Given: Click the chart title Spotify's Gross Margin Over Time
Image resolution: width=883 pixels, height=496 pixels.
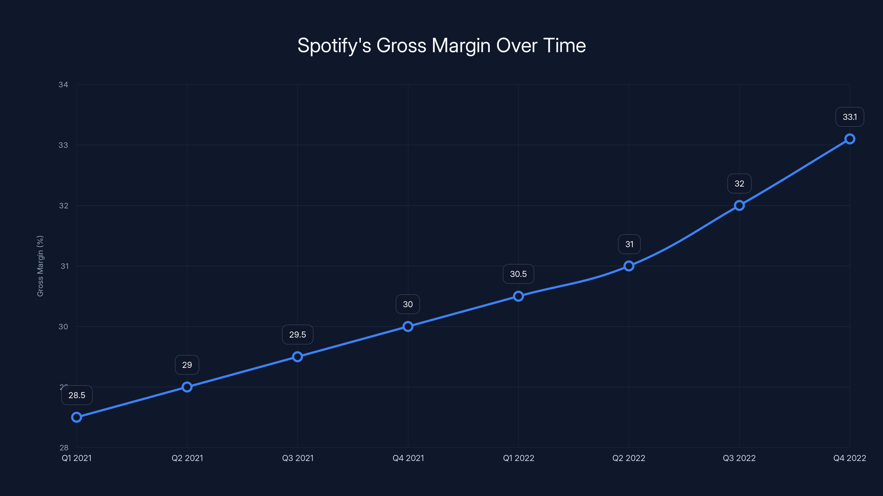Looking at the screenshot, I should pos(441,45).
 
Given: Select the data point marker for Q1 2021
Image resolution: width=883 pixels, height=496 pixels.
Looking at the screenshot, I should pos(76,417).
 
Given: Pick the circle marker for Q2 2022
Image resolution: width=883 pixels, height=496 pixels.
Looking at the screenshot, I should pos(629,266).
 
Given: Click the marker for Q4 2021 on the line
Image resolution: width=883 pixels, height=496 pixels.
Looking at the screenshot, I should pos(408,327).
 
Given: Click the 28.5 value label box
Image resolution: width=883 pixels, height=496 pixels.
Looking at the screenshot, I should pos(77,395).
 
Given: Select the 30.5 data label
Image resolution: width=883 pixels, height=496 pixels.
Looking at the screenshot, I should pos(518,274).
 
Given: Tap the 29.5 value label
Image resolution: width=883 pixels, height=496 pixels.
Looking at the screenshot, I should pos(297,335).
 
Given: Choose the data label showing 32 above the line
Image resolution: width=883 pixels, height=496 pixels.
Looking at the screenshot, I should pos(740,184).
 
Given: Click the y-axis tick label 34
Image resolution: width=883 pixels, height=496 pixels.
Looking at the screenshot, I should pos(63,85).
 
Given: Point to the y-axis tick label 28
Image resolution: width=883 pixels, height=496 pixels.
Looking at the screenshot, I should pos(64,448).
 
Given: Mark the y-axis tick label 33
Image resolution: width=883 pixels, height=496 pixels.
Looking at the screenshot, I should pos(63,145).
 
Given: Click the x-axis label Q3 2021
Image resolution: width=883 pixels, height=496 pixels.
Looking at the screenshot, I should pos(297,458).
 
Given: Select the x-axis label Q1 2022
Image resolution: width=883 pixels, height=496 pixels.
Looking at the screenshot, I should pos(518,458).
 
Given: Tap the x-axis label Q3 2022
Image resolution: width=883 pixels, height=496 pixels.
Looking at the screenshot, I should pos(740,458).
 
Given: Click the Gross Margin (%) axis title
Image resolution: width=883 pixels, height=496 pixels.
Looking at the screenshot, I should pos(40,266).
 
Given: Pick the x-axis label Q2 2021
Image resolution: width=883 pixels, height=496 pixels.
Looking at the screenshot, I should pos(187,458).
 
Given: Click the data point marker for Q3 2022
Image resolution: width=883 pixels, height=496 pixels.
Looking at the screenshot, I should pos(740,205).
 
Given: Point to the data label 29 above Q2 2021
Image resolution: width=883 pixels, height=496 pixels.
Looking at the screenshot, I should pos(187,365).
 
